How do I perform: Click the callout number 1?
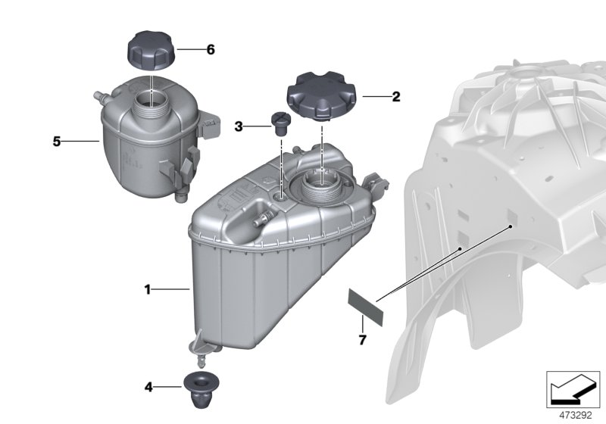(x=148, y=289)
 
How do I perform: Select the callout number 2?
(x=395, y=97)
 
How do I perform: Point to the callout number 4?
(x=148, y=388)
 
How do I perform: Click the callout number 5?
(x=56, y=141)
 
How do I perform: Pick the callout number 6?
(x=211, y=50)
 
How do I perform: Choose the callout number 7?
(x=362, y=340)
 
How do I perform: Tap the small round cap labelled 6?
(x=151, y=50)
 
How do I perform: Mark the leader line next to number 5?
(x=83, y=141)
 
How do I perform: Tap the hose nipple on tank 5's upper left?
(x=97, y=97)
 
